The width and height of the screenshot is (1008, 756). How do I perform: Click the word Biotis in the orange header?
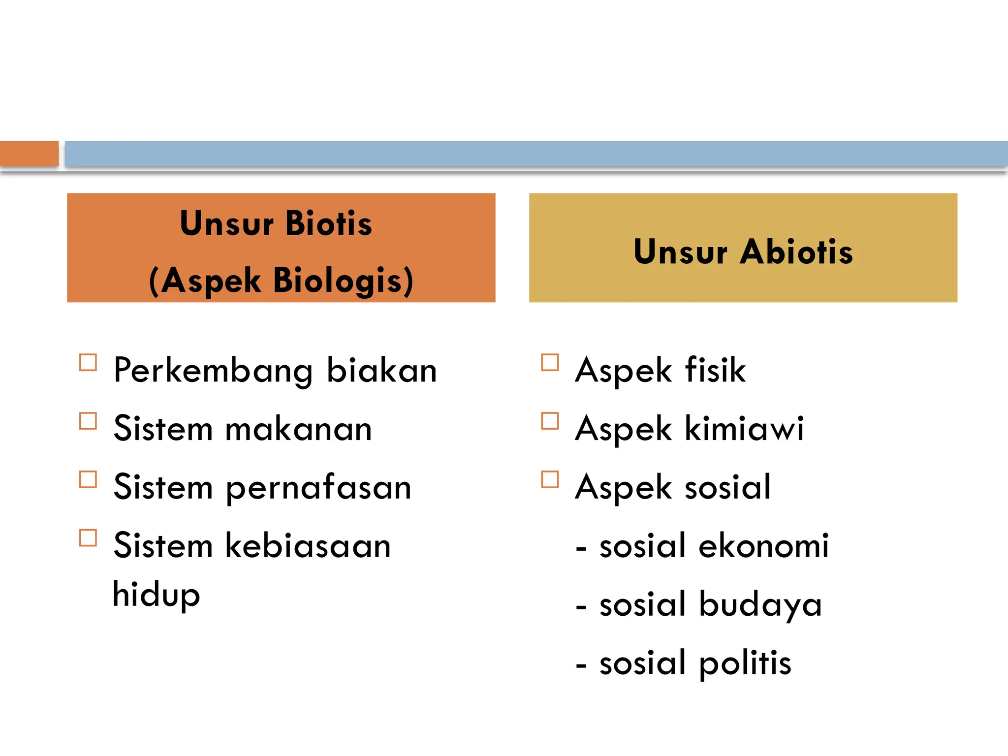[328, 223]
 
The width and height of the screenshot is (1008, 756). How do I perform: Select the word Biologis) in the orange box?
[343, 281]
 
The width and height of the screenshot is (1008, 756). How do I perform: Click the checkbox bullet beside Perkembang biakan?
[88, 363]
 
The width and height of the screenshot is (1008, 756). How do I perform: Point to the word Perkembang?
[213, 370]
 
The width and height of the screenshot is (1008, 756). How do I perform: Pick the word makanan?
[298, 429]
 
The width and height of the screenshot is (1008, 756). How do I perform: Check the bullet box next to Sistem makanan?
[88, 421]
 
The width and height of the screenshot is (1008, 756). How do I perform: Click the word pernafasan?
[318, 487]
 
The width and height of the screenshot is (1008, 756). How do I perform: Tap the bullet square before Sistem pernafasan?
[88, 479]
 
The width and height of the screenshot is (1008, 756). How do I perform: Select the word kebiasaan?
[308, 545]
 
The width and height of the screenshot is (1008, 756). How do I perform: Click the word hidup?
[156, 595]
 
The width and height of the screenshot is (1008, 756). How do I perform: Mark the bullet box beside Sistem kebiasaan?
[88, 538]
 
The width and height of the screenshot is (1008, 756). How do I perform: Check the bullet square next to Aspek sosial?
[550, 479]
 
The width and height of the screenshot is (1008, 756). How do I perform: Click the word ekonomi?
[763, 545]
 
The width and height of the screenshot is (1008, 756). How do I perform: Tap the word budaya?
[760, 604]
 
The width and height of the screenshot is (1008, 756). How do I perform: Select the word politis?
[745, 662]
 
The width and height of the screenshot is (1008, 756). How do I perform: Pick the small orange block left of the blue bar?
[29, 154]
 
